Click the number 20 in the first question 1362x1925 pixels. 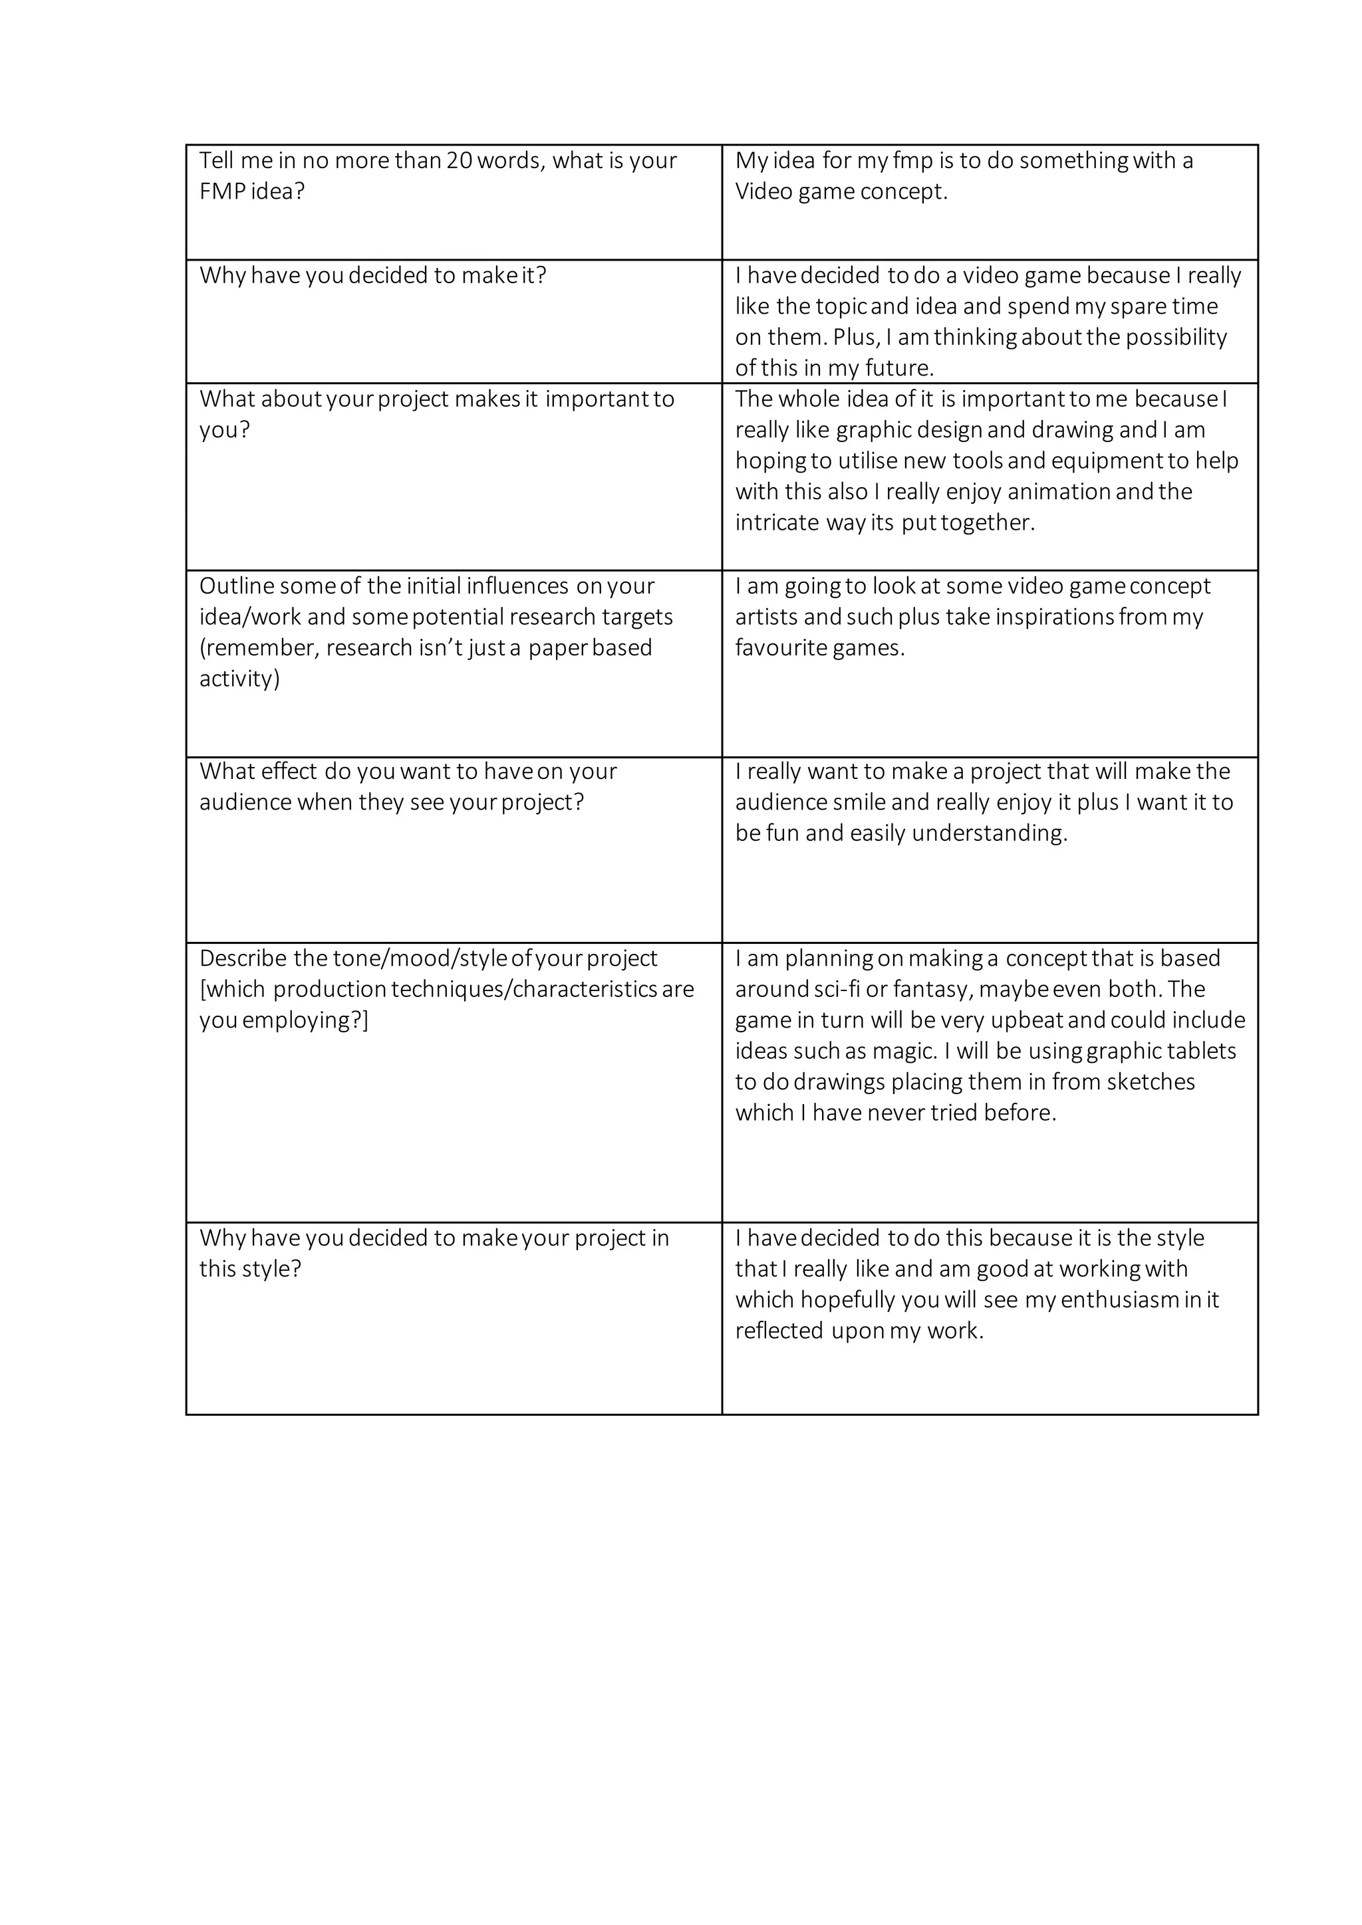[x=460, y=161]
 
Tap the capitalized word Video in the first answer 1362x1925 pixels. [x=763, y=192]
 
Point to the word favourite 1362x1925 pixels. [x=774, y=648]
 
